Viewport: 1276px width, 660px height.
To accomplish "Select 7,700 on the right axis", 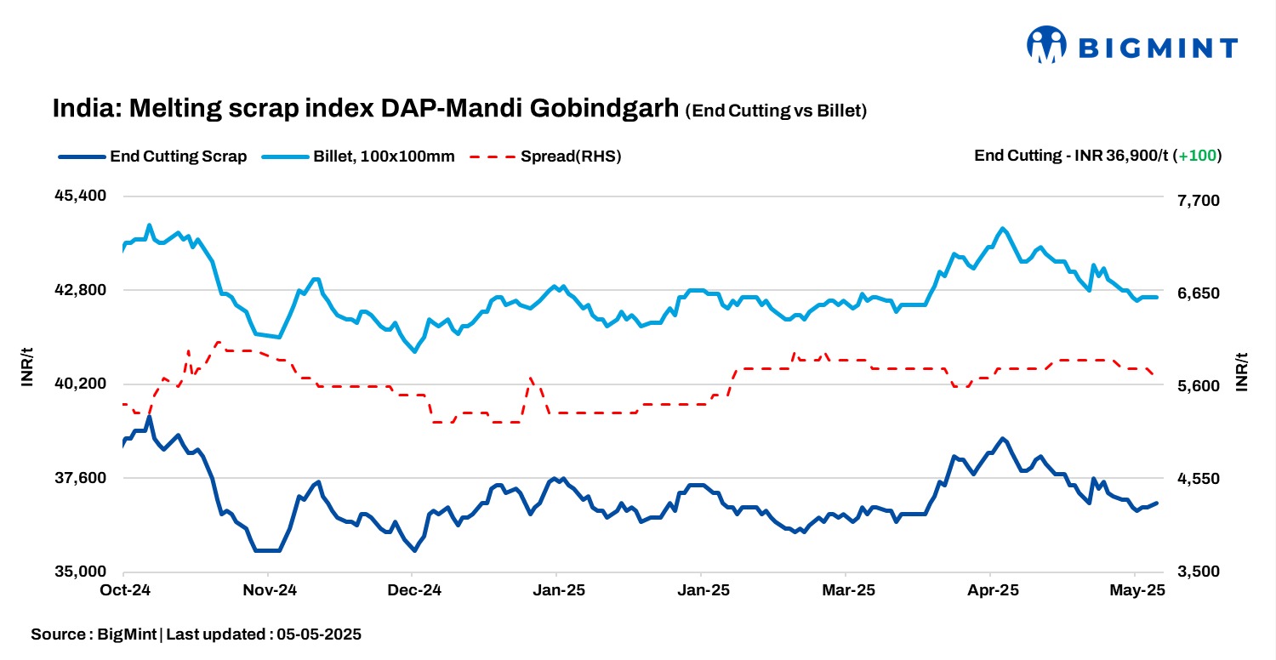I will pyautogui.click(x=1197, y=201).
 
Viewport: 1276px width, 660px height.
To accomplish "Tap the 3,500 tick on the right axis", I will pyautogui.click(x=1197, y=572).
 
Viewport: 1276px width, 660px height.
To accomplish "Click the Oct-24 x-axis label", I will pyautogui.click(x=124, y=590).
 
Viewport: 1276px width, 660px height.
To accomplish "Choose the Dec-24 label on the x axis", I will pyautogui.click(x=413, y=590).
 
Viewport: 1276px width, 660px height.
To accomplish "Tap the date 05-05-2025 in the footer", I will pyautogui.click(x=319, y=634).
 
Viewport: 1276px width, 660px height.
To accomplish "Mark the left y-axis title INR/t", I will pyautogui.click(x=27, y=367).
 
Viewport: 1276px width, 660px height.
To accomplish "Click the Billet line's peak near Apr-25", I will pyautogui.click(x=1004, y=229).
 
